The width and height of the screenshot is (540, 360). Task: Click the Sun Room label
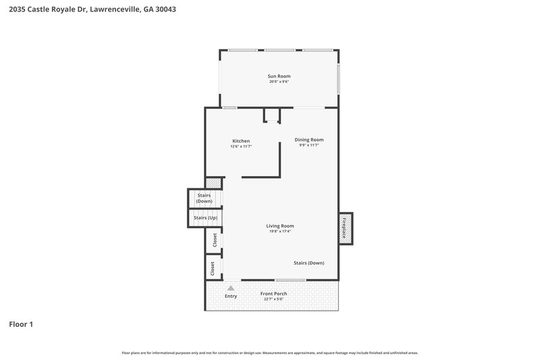(279, 76)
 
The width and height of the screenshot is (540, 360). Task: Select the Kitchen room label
(241, 141)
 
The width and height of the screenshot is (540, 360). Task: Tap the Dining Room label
(309, 140)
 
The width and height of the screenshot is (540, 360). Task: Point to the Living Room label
(279, 226)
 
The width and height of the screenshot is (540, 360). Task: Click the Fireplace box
(346, 228)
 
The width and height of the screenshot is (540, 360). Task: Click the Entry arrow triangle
(231, 288)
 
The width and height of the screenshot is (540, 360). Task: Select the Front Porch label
(273, 293)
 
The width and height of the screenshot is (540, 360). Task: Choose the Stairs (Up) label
(205, 218)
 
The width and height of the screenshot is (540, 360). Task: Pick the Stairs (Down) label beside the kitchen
(204, 199)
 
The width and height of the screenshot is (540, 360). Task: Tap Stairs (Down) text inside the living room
(308, 263)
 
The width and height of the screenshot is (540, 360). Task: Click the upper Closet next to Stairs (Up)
(215, 240)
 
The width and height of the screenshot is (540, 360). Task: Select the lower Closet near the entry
(213, 268)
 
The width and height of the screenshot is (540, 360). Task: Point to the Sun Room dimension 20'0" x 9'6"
(279, 82)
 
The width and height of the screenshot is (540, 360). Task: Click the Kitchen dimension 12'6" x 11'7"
(241, 147)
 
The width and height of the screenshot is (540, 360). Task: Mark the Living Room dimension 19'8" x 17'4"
(279, 232)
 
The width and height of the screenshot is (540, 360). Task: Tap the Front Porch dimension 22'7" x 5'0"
(273, 299)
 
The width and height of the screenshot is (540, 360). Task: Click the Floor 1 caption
(21, 324)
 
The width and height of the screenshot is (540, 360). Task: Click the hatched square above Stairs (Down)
(213, 182)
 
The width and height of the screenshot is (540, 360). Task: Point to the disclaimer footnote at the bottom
(270, 353)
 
